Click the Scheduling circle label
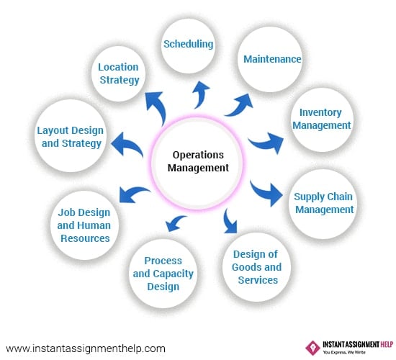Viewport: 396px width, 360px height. point(189,44)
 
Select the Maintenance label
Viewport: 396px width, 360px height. point(272,59)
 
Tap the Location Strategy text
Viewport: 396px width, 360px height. point(119,73)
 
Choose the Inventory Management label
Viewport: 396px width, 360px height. point(322,119)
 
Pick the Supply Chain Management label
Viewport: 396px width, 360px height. point(324,203)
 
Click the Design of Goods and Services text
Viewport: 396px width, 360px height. point(256,267)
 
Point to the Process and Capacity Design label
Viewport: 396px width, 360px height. point(163,274)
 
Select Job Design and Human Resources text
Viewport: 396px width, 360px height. point(84,225)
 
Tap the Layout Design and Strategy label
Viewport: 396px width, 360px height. point(71,138)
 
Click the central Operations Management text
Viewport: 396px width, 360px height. point(198,161)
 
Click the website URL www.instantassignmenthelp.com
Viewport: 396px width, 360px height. point(86,349)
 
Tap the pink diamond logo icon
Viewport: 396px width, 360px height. point(312,348)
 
